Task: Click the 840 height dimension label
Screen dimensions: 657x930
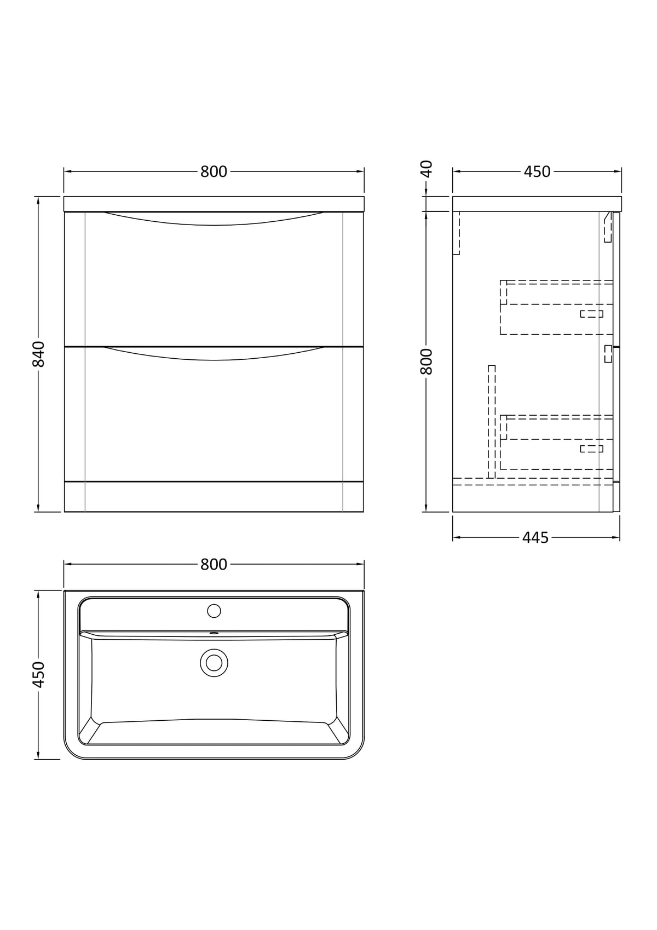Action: click(x=38, y=354)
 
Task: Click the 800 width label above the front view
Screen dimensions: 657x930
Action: click(x=214, y=171)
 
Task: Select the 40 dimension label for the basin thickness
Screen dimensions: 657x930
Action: click(x=427, y=169)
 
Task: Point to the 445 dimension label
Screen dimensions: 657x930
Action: click(x=535, y=538)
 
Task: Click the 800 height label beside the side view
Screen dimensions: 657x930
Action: click(x=427, y=361)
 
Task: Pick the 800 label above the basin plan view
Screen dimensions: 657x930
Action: click(x=214, y=564)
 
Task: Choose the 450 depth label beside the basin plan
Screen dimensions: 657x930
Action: click(x=38, y=675)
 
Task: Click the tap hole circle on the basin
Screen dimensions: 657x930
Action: click(x=214, y=611)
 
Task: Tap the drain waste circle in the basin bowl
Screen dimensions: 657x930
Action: click(x=214, y=663)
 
